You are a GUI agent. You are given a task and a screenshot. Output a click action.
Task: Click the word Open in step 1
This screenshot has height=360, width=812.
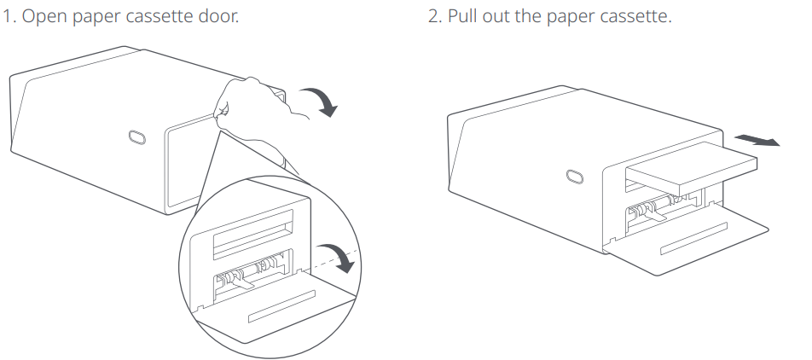(x=44, y=16)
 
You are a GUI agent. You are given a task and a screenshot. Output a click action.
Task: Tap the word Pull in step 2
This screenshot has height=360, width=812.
(x=463, y=16)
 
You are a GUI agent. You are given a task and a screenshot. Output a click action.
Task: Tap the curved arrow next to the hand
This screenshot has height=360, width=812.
(x=321, y=101)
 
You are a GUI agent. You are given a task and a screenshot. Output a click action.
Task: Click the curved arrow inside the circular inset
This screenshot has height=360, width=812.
(x=339, y=257)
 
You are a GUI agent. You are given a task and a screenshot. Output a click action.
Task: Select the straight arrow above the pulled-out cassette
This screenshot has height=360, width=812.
(x=757, y=140)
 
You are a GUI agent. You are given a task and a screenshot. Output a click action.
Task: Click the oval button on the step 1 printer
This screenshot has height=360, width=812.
(x=137, y=138)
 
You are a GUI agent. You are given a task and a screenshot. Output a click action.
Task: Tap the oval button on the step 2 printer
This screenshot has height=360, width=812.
(x=574, y=177)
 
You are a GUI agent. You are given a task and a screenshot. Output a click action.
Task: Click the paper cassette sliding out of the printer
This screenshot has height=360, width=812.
(x=692, y=169)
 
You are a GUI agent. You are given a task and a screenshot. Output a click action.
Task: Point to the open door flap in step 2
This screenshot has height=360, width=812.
(x=686, y=238)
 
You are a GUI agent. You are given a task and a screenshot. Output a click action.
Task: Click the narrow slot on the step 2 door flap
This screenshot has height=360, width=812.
(x=694, y=238)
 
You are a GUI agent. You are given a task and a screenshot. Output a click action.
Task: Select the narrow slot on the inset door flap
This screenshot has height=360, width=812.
(x=281, y=306)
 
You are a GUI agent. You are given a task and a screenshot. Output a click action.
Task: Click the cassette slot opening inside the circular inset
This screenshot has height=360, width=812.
(x=253, y=234)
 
